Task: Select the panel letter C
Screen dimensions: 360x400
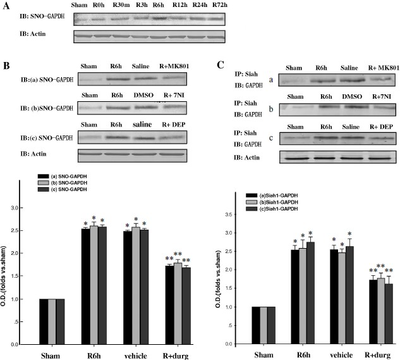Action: coord(220,65)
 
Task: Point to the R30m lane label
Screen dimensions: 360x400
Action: coord(121,6)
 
